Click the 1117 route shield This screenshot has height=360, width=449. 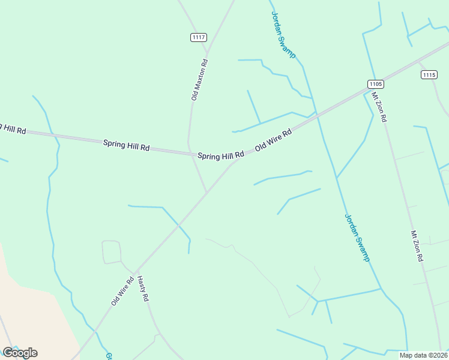coord(199,37)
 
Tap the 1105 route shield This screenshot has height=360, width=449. coord(376,84)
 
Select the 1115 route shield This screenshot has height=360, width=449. coord(429,74)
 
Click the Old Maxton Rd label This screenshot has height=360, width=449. coord(199,79)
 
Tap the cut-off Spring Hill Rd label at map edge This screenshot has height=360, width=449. coord(13,128)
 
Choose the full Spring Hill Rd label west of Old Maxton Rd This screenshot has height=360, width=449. coord(126,145)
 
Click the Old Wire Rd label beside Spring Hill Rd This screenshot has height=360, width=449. coord(273,139)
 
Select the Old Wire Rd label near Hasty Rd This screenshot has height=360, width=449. coord(122,291)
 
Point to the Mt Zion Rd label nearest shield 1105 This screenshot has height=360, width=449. coord(379,107)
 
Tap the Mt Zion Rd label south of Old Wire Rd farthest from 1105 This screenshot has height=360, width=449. coord(417,245)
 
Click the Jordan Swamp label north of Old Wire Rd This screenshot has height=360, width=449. coord(283,35)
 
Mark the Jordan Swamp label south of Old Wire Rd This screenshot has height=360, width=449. coord(357,238)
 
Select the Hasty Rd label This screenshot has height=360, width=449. coord(143,288)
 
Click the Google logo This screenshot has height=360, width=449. coord(20,352)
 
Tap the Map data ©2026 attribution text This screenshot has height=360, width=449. coord(423,355)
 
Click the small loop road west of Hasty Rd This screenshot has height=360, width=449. coord(112,251)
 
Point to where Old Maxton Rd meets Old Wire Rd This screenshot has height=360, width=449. coord(207,192)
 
